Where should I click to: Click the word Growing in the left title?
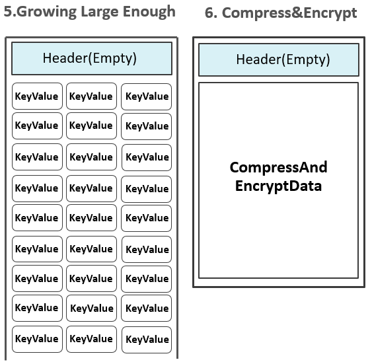coord(46,12)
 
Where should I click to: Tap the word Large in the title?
coord(99,12)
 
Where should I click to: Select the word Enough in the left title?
coord(149,12)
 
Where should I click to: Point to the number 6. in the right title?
coord(211,13)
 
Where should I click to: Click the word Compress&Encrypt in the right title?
coord(289,13)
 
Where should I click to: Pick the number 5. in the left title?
coord(10,11)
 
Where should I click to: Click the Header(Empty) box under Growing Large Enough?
coord(92,59)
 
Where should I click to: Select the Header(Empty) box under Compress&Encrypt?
coord(279,59)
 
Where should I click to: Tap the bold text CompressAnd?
coord(278,167)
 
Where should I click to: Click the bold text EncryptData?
coord(278,186)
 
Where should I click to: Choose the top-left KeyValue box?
coord(37,96)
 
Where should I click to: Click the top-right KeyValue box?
coord(146,96)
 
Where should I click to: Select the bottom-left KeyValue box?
coord(37,339)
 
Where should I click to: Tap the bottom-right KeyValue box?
coord(147,340)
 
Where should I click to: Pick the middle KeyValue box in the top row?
coord(92,96)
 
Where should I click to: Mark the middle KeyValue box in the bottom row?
coord(92,339)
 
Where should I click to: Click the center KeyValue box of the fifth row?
coord(92,218)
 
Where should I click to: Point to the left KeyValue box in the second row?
coord(37,126)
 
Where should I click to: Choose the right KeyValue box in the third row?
coord(147,157)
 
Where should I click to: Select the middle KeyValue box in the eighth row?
coord(92,308)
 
